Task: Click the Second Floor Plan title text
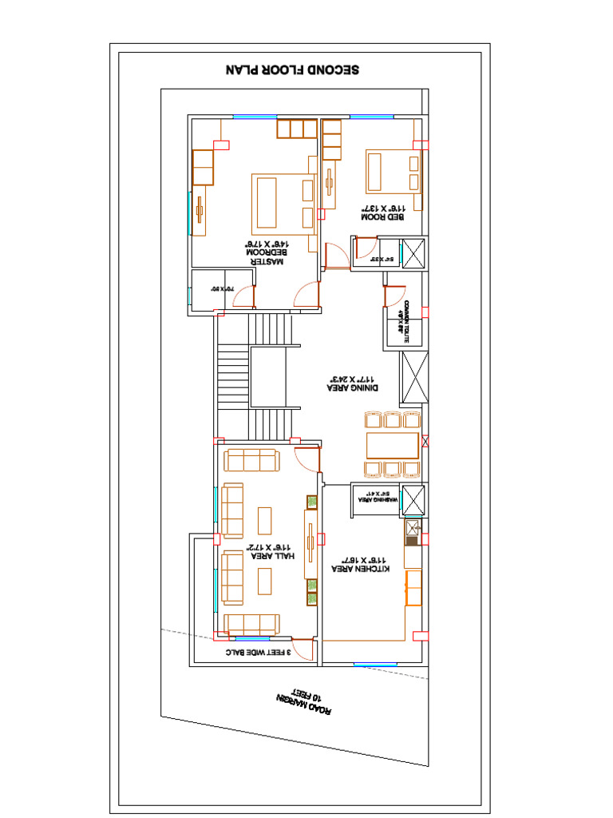(293, 70)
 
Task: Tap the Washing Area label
(374, 499)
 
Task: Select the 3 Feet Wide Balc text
(256, 653)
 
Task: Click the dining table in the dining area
(392, 445)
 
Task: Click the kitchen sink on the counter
(413, 527)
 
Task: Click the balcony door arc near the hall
(302, 649)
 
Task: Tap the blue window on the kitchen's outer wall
(374, 665)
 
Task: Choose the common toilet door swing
(394, 296)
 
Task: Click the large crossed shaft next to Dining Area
(413, 376)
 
